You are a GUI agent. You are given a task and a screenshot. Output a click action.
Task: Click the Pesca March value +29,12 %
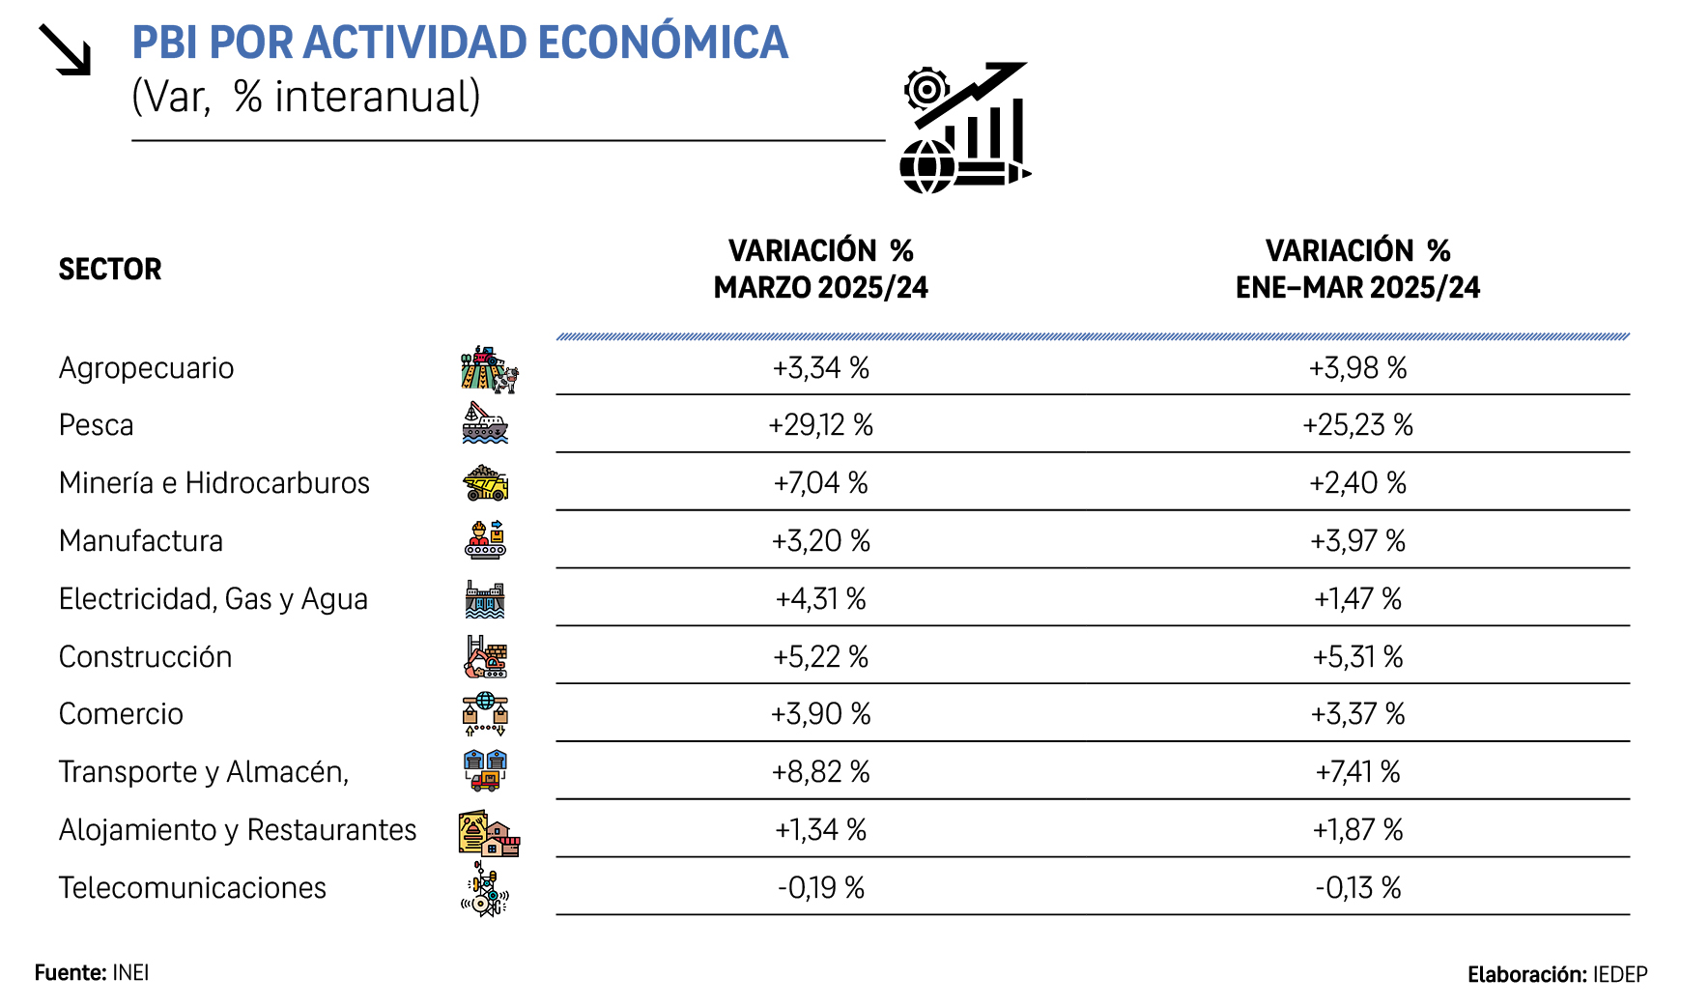820,425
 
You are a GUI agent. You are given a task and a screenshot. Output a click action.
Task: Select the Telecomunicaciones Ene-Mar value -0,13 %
1357,887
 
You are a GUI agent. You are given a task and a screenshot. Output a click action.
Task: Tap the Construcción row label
145,657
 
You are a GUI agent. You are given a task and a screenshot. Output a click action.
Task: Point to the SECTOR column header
110,269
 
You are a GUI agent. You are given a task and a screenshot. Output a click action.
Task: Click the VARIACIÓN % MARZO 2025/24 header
820,269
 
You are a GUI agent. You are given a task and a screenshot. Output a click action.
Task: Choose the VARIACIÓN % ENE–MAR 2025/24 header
1357,269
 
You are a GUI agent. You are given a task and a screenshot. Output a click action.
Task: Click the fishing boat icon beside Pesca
485,424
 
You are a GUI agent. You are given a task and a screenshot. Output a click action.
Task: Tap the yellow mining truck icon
485,482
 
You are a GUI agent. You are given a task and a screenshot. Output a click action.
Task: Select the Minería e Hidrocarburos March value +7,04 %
820,482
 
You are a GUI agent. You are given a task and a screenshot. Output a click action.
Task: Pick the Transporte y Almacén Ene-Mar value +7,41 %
1357,772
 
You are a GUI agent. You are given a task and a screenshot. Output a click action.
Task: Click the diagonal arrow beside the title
65,49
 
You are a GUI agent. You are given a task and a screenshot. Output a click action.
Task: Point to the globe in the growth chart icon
926,167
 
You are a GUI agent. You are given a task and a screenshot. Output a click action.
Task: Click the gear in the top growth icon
926,90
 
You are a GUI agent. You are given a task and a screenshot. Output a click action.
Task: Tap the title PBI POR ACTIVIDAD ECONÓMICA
460,43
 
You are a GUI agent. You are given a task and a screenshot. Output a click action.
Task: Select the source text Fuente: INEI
92,972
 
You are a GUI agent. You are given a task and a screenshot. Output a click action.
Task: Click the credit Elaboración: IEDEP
1556,974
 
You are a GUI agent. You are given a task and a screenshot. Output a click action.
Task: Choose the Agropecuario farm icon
489,369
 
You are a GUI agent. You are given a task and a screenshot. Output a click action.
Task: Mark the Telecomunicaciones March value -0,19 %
820,887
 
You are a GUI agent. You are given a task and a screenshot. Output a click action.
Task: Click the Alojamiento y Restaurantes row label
238,830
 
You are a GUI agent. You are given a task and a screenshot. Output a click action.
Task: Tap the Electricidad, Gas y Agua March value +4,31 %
820,599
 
